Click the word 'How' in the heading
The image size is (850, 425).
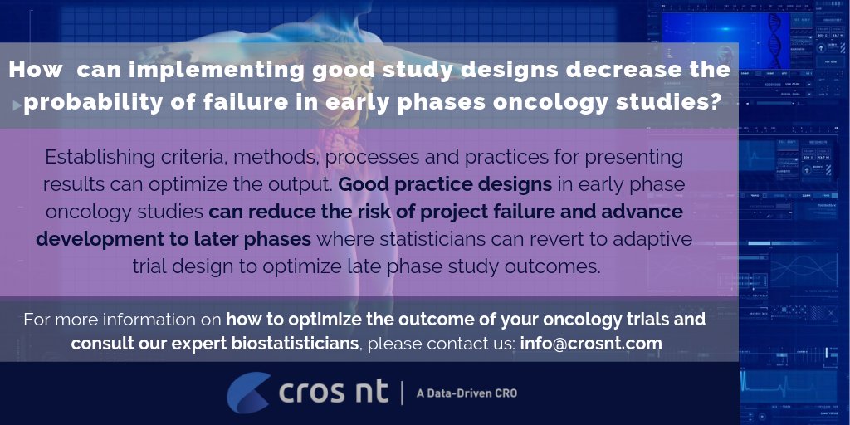(35, 71)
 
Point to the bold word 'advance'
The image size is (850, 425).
(634, 212)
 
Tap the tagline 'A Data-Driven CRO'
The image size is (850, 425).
(467, 393)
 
